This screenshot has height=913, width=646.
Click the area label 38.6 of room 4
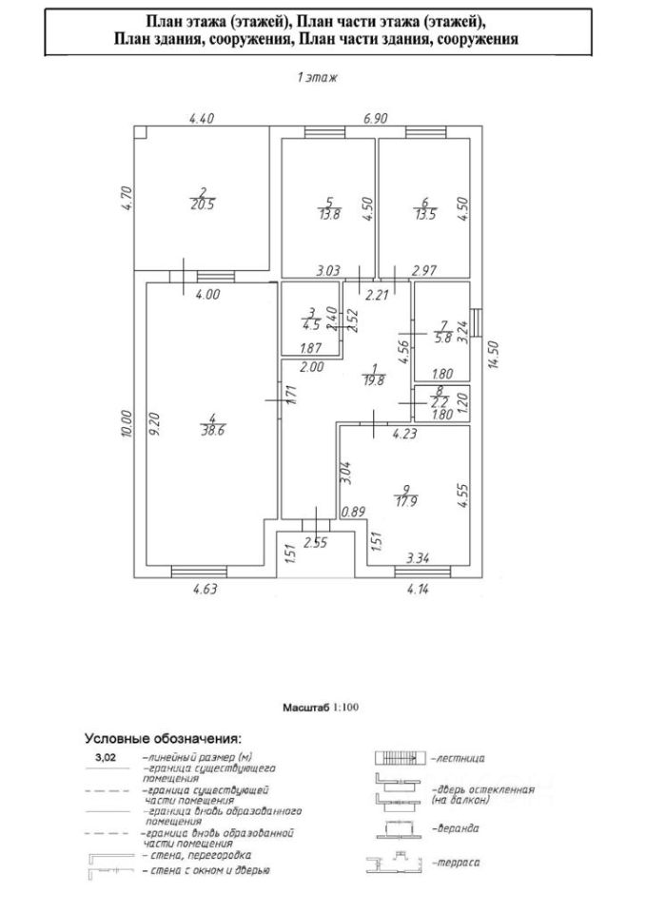point(210,431)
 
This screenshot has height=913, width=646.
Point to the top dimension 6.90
point(379,119)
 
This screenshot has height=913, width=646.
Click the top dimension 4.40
point(202,119)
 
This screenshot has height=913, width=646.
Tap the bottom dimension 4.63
point(206,590)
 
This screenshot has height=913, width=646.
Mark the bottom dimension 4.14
point(418,590)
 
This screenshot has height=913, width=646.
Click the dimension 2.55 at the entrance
point(315,544)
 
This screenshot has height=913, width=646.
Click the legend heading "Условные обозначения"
point(163,737)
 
